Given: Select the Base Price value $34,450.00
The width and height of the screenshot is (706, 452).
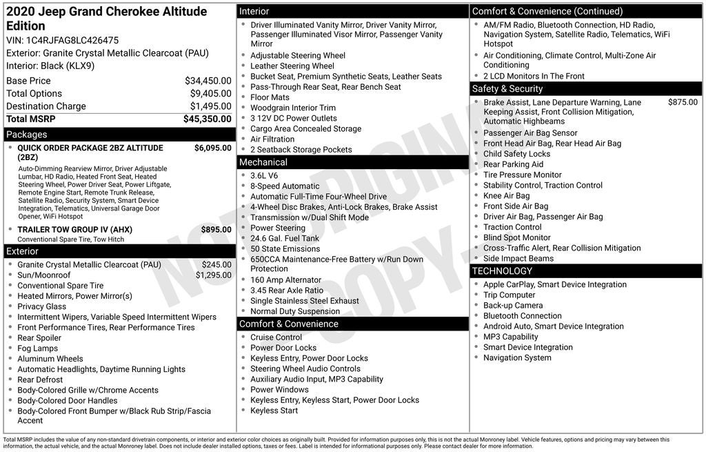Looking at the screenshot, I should (208, 81).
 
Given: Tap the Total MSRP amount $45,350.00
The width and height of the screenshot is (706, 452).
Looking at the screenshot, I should (207, 119).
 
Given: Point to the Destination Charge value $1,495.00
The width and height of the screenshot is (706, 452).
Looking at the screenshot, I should (210, 106).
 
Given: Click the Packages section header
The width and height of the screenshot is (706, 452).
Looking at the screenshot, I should (26, 135).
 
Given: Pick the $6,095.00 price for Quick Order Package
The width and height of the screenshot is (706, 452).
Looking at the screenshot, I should (212, 148).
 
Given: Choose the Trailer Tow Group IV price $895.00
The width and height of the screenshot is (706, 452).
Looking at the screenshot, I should (216, 230).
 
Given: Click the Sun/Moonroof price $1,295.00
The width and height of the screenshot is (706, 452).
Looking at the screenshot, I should (213, 275).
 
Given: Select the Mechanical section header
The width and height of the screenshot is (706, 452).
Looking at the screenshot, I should (263, 162).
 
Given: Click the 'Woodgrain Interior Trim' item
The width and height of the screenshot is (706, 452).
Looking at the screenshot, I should (293, 108).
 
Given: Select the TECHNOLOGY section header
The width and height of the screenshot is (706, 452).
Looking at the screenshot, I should (502, 271).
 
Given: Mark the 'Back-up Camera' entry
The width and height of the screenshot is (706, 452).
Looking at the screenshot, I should (512, 306).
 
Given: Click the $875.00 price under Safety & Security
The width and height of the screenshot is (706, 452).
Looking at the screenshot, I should (683, 102).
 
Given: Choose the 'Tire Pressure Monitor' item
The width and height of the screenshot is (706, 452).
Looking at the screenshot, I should (522, 175).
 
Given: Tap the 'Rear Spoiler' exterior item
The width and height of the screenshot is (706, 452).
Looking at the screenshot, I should (39, 338).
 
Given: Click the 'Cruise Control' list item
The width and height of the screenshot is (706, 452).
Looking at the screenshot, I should (276, 337).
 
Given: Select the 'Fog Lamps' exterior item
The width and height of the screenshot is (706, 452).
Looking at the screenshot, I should (37, 348).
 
